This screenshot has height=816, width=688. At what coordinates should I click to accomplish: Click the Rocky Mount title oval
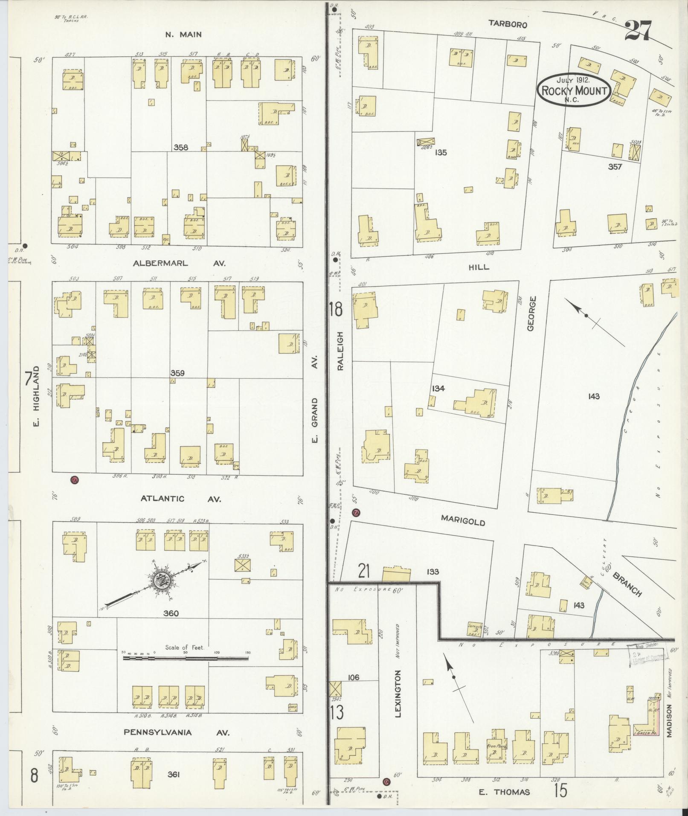[575, 90]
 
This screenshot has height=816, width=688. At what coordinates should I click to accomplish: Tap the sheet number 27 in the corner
[639, 31]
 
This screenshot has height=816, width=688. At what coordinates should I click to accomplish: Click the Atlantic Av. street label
[181, 498]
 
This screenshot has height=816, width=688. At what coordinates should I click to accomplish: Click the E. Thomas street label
[504, 792]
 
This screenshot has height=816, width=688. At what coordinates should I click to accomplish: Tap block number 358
[181, 147]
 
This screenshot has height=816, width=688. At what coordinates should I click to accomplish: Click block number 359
[177, 373]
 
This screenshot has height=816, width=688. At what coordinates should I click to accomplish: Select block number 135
[441, 152]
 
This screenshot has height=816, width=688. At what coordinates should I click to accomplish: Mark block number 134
[438, 388]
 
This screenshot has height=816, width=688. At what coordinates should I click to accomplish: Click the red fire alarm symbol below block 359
[75, 479]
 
